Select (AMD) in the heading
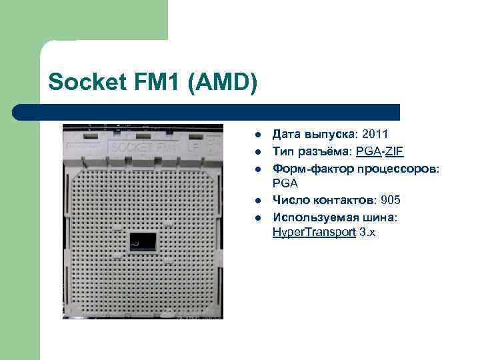click(224, 83)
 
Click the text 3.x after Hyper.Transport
click(367, 233)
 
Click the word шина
click(383, 217)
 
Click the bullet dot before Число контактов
click(257, 201)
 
